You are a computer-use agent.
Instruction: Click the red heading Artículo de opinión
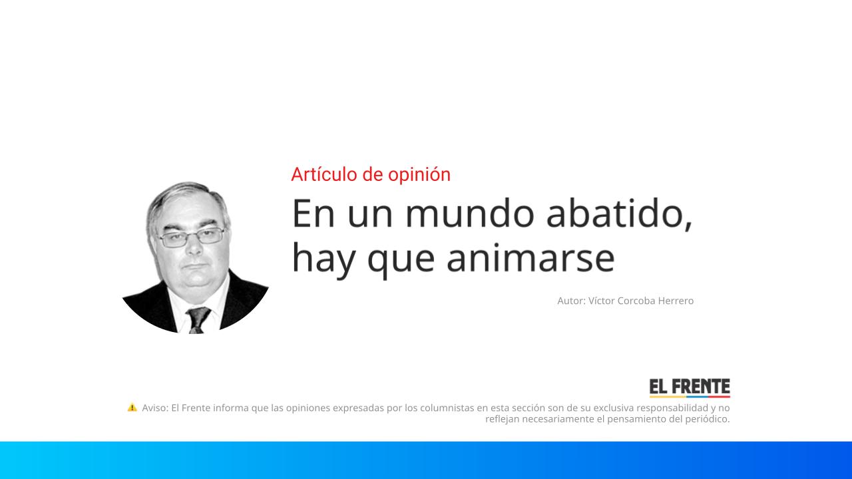tap(371, 174)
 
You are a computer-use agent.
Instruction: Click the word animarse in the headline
tap(530, 258)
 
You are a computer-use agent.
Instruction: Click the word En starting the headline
tap(312, 214)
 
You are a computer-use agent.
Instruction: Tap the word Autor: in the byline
tap(571, 301)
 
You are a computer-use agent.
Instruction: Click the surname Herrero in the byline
tap(676, 301)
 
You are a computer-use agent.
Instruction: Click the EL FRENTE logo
tap(690, 387)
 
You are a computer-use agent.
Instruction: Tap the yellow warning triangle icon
tap(132, 407)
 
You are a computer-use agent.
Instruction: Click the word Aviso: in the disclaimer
tap(154, 408)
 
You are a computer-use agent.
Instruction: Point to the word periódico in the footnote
tap(706, 419)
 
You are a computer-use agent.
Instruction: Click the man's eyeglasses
tap(191, 237)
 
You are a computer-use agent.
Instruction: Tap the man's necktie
tap(198, 319)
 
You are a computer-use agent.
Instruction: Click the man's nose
tap(192, 249)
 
